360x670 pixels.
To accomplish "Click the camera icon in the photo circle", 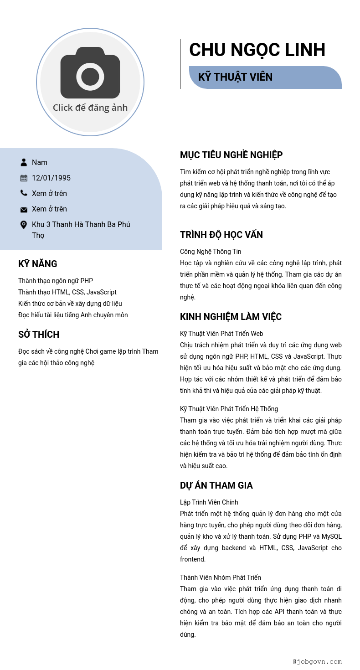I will (x=90, y=73).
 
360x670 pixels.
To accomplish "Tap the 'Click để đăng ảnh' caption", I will (x=90, y=108).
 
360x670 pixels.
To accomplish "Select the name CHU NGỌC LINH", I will (x=257, y=50).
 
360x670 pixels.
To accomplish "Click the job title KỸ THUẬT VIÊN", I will (x=235, y=77).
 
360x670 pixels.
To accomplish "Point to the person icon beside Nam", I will (x=24, y=162).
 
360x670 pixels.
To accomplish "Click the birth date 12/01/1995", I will (x=51, y=178).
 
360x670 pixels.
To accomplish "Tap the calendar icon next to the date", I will (x=24, y=178).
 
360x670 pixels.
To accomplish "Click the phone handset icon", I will (x=24, y=193).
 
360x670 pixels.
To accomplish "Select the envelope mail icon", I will (x=24, y=210).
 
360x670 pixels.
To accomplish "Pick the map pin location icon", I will (x=24, y=225).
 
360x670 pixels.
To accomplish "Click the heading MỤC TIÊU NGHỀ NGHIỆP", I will (x=231, y=155).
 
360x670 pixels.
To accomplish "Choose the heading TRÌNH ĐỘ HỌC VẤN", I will (x=221, y=235).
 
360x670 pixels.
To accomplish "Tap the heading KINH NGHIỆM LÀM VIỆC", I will (x=231, y=317).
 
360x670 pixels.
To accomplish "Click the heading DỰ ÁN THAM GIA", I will (x=216, y=485).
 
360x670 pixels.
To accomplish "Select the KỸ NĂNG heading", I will (x=37, y=264).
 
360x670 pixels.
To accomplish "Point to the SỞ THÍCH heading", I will (x=39, y=335).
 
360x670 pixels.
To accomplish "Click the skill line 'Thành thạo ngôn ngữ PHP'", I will (x=56, y=281).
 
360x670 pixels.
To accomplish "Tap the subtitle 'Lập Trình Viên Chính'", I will (x=209, y=502).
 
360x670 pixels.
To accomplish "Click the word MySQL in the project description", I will (x=331, y=536).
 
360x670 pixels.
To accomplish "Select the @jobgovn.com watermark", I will (x=317, y=661).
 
